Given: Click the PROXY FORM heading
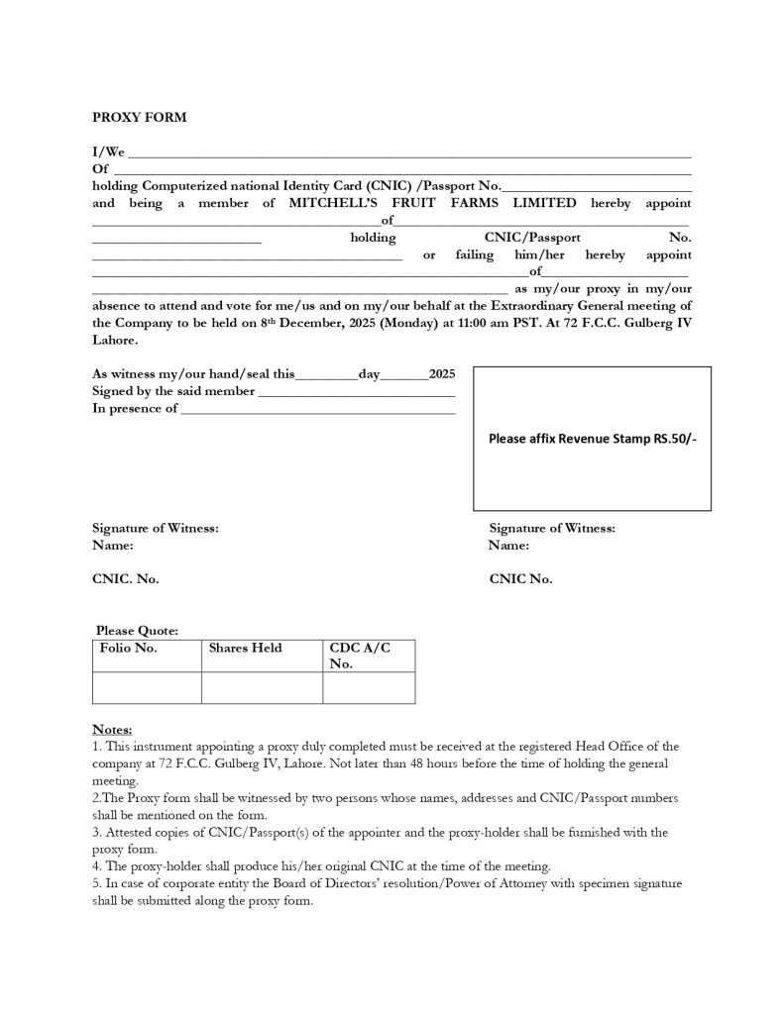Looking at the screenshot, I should coord(140,117).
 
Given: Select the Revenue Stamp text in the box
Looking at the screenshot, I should coord(592,438).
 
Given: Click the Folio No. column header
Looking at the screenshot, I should coord(129,649).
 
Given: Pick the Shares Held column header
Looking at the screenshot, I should coord(245,649).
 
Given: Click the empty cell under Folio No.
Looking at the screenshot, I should coord(147,687).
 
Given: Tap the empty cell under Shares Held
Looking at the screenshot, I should coord(262,687).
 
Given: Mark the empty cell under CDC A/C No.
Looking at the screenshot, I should coord(369,687).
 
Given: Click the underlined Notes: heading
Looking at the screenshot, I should coord(112,729).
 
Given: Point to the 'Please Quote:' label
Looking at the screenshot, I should coord(137,631).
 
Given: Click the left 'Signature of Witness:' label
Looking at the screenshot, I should coord(156,529).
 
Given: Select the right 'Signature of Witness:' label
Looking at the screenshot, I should coord(552,529).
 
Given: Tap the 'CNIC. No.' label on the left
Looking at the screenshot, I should coord(126,579).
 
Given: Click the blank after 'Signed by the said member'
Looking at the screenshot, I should coord(356,394).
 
